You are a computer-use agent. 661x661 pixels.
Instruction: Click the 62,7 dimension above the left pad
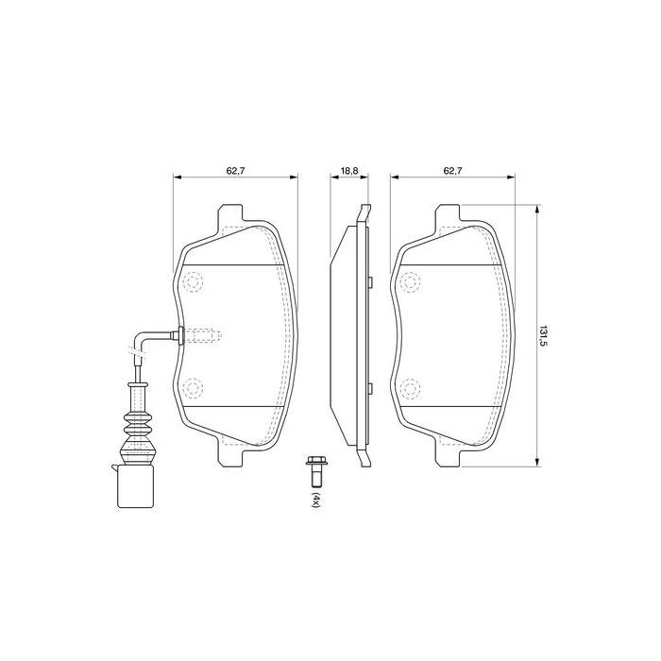pos(235,171)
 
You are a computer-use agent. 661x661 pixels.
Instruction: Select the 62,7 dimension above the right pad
pos(452,171)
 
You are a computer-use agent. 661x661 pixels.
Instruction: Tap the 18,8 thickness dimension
pos(348,171)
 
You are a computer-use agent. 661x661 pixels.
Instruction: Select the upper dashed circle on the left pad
pos(194,281)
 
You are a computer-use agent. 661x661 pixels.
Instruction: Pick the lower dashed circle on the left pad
pos(194,386)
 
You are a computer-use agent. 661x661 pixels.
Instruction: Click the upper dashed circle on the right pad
pos(411,281)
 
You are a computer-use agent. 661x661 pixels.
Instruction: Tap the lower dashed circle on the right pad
pos(411,386)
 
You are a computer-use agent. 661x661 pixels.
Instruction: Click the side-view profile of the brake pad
pos(349,334)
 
